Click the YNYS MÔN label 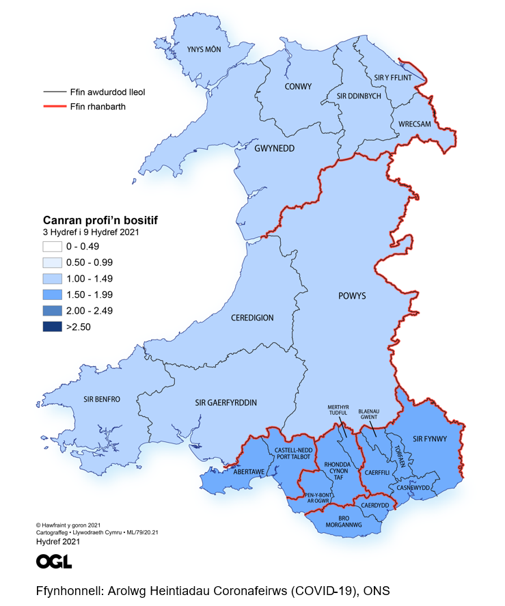pyautogui.click(x=204, y=49)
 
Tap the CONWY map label pyautogui.click(x=298, y=87)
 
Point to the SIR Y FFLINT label pyautogui.click(x=393, y=78)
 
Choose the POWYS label pyautogui.click(x=352, y=296)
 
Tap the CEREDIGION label pyautogui.click(x=252, y=318)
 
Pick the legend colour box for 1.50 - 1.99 pyautogui.click(x=51, y=295)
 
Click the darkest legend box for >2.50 pyautogui.click(x=51, y=327)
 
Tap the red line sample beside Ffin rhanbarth pyautogui.click(x=53, y=107)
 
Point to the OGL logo pyautogui.click(x=54, y=561)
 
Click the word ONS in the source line pyautogui.click(x=375, y=591)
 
